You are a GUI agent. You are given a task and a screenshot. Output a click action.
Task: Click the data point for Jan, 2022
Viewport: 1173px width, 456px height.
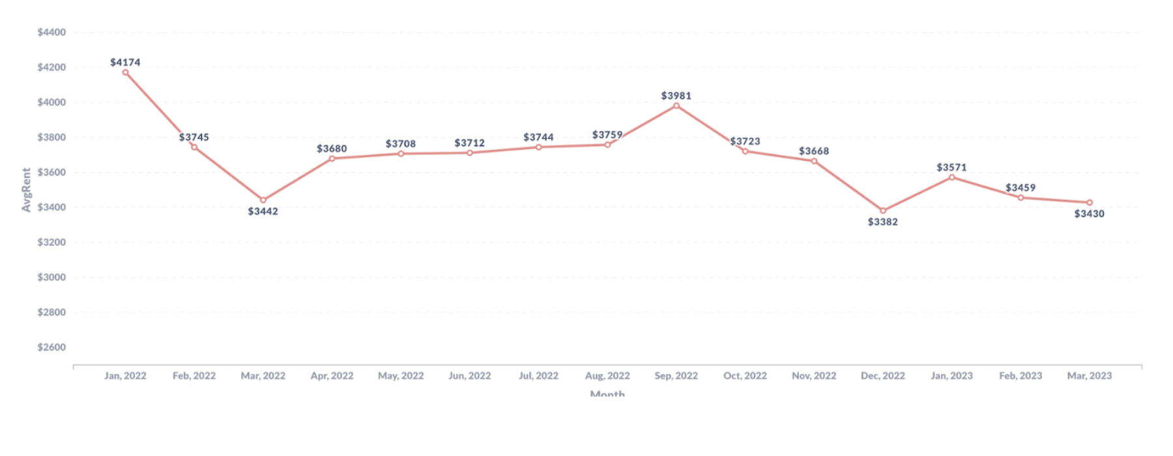coord(126,72)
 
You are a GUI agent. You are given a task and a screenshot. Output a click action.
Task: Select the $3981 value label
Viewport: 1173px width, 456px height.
coord(676,96)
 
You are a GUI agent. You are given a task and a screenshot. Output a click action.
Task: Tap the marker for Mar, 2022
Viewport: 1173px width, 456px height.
coord(263,200)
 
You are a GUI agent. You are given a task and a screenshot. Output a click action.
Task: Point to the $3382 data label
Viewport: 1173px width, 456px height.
coord(882,222)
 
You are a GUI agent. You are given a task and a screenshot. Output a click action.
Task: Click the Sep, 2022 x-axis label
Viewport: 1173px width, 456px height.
coord(676,376)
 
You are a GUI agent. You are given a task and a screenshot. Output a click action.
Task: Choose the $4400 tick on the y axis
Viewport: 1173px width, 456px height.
coord(51,33)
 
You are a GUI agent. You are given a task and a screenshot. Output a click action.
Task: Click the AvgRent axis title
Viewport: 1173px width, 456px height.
coord(26,190)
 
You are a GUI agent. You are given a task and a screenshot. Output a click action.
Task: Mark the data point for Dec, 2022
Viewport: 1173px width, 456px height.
coord(883,211)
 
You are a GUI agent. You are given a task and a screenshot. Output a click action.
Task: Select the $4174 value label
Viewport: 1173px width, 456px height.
coord(125,63)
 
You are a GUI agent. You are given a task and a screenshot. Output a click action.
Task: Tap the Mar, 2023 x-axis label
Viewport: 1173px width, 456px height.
coord(1089,376)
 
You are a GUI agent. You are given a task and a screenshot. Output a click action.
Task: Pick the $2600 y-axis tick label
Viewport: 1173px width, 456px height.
coord(51,347)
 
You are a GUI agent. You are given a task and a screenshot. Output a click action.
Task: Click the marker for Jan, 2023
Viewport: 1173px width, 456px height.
coord(951,177)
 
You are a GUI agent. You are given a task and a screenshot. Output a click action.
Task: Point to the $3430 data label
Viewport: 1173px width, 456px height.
coord(1089,214)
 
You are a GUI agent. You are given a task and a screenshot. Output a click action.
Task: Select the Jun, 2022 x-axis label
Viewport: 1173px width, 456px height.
coord(469,376)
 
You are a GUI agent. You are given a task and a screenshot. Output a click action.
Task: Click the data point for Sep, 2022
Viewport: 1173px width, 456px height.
coord(676,106)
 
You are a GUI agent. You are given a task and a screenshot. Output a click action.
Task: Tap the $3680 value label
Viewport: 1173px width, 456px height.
coord(332,149)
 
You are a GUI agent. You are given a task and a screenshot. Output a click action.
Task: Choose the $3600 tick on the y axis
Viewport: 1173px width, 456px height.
coord(51,173)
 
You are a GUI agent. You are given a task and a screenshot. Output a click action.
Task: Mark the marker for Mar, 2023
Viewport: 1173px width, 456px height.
coord(1089,203)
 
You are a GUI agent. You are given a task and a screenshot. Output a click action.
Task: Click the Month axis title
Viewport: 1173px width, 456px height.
coord(607,393)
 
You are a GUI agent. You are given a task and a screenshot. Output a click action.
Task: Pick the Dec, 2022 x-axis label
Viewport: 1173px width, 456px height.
coord(882,376)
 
